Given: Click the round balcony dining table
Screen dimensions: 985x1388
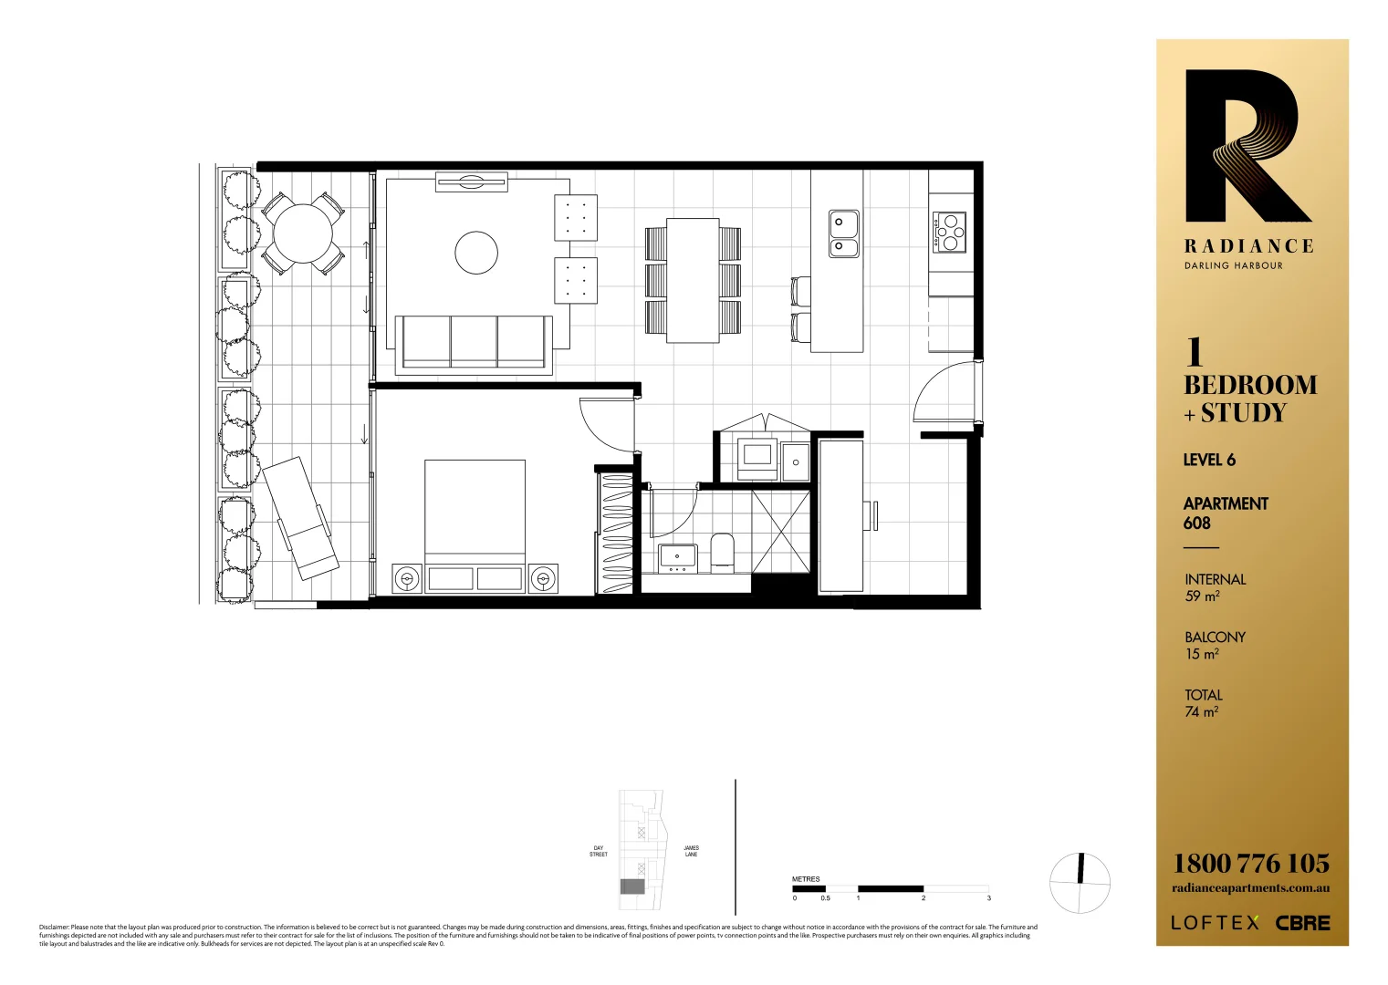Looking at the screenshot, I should (303, 233).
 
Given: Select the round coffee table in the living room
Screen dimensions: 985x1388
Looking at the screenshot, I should (476, 253).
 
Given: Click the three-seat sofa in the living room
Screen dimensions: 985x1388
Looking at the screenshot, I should (474, 343).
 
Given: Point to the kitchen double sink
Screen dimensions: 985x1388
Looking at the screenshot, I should (843, 234).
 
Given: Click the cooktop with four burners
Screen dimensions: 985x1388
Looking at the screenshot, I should (949, 232).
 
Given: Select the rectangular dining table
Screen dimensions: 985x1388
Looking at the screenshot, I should (693, 280).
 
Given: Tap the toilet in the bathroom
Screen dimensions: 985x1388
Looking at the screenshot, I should (722, 553).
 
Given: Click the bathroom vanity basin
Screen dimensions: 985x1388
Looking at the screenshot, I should (677, 556).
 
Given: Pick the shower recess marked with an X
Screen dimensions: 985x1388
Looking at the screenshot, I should (780, 532).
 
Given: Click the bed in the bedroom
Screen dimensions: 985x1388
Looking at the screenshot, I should (475, 524).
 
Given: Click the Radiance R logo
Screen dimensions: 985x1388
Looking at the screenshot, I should (1247, 146).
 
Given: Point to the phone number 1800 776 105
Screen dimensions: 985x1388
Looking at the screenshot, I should (1250, 863).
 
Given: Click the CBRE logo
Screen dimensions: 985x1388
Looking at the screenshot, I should (1302, 923).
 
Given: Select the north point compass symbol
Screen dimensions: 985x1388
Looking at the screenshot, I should (1080, 882).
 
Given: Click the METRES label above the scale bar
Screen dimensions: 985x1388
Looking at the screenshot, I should (806, 879).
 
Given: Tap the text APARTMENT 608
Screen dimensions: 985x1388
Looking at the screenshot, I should (1225, 513).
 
